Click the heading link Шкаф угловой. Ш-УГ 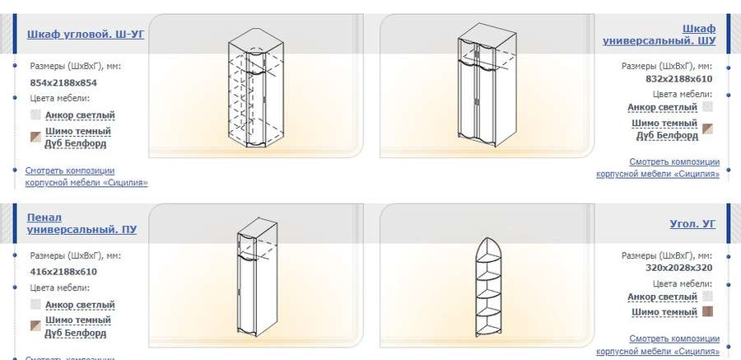86,34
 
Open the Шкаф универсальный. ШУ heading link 659,35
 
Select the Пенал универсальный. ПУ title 82,224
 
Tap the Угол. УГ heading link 692,224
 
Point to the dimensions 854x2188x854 63,82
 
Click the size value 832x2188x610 678,79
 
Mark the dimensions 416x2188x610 63,272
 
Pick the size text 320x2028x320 678,269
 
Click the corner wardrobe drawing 256,88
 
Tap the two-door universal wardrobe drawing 487,85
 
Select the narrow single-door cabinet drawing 257,277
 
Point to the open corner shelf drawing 487,288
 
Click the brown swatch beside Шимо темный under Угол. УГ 707,311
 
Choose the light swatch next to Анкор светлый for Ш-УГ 35,115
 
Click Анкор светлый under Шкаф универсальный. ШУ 662,107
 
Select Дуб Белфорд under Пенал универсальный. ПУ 76,333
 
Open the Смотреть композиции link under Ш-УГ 86,176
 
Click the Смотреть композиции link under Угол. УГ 658,345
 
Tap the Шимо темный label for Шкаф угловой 78,131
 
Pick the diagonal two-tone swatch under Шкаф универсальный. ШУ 707,129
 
